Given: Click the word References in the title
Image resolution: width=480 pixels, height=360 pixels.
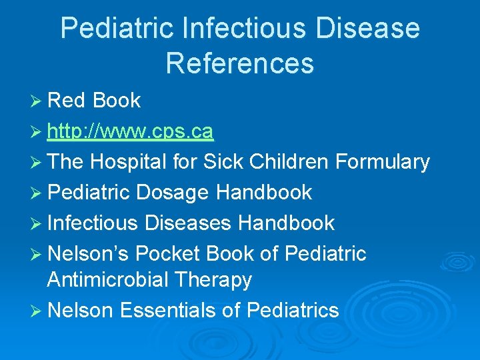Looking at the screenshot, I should click(239, 63).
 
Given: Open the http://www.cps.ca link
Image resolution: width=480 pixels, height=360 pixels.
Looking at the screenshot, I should click(131, 131).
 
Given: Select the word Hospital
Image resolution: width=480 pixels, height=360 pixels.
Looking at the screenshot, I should click(131, 162).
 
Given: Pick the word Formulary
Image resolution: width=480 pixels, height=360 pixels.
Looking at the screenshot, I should click(383, 162).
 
